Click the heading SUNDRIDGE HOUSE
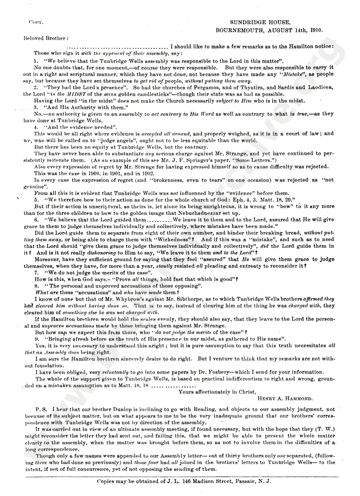260,22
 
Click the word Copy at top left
36,22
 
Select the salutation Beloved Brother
45,38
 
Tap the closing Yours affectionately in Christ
217,392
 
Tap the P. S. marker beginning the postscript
41,409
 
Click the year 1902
148,173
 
